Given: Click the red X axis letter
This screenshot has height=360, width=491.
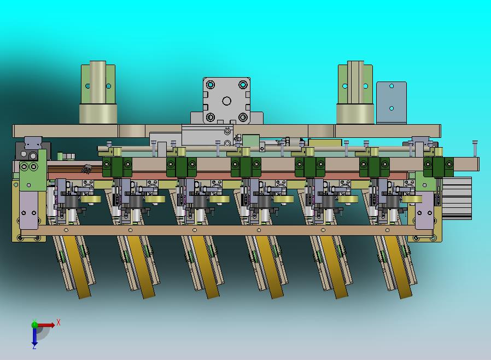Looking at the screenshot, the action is tap(59, 322).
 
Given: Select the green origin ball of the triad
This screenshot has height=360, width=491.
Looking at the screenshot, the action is tap(34, 325).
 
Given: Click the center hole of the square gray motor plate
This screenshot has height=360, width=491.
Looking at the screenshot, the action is tap(227, 101).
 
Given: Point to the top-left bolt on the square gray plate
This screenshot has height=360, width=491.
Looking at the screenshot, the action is tap(211, 85).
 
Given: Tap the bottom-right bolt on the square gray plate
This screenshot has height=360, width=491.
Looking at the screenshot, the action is tap(243, 118).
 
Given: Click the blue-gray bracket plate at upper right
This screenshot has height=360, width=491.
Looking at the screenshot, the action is tap(391, 102).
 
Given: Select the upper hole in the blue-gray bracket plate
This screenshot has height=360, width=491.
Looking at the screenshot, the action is tap(391, 86).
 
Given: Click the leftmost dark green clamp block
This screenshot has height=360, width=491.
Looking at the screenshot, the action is tap(117, 166).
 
